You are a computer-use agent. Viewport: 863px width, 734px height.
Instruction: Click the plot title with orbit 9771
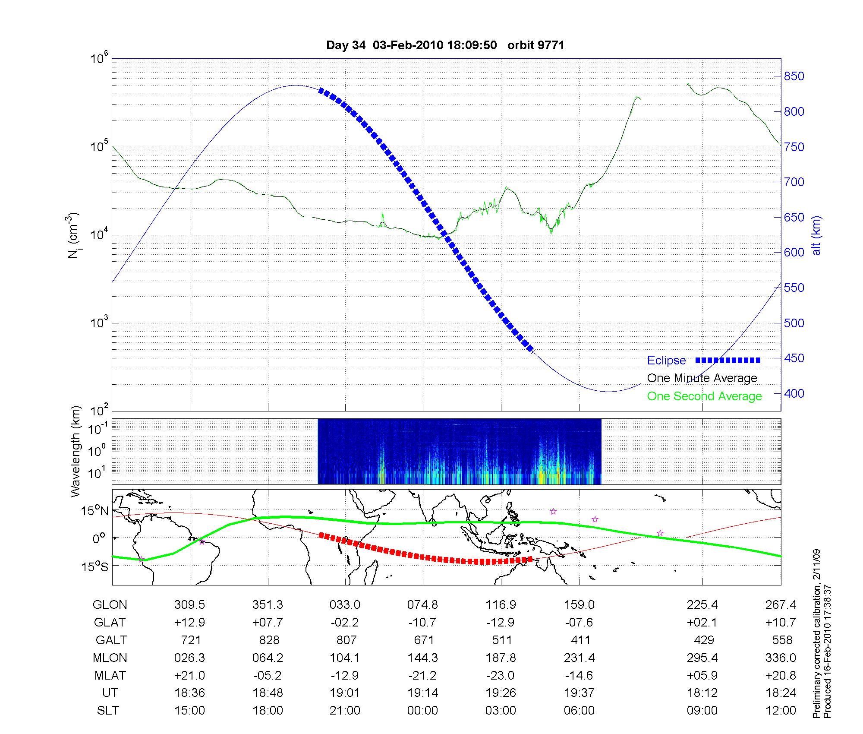pyautogui.click(x=445, y=45)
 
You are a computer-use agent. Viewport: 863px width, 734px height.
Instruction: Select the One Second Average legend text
pyautogui.click(x=704, y=396)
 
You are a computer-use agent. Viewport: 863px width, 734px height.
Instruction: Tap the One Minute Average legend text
pyautogui.click(x=702, y=378)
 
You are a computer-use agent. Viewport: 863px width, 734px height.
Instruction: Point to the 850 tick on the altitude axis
pyautogui.click(x=794, y=76)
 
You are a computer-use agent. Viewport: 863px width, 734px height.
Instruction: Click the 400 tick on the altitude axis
pyautogui.click(x=794, y=393)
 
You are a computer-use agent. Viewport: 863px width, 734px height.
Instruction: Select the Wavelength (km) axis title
pyautogui.click(x=76, y=451)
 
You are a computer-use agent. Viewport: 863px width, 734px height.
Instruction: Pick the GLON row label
pyautogui.click(x=110, y=605)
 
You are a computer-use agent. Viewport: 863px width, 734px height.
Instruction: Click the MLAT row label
pyautogui.click(x=110, y=675)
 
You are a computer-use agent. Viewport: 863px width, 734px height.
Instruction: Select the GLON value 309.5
pyautogui.click(x=189, y=605)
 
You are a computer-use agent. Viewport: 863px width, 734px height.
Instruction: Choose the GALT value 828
pyautogui.click(x=269, y=640)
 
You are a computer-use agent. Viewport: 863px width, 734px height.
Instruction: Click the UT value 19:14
pyautogui.click(x=422, y=693)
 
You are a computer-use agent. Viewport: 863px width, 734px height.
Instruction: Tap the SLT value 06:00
pyautogui.click(x=579, y=711)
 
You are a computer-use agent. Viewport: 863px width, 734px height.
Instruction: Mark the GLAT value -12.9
pyautogui.click(x=501, y=623)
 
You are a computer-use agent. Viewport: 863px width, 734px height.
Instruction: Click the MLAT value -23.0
pyautogui.click(x=501, y=675)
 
